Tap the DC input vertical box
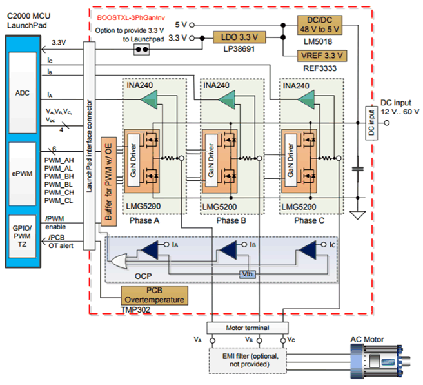[370, 121]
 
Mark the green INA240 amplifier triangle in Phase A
[149, 99]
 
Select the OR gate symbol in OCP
[119, 261]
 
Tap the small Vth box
[247, 273]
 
